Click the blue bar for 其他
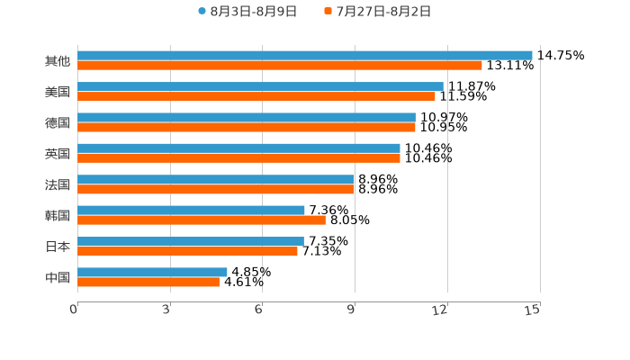304,55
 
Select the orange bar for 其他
279,66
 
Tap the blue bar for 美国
260,86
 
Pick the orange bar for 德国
246,127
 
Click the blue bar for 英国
238,148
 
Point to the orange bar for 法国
216,189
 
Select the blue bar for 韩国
191,210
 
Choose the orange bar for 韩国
202,220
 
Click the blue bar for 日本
190,241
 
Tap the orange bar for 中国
148,282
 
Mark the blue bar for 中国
152,272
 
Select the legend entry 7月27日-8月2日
382,12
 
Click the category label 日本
58,247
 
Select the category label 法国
58,184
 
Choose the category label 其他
58,61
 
